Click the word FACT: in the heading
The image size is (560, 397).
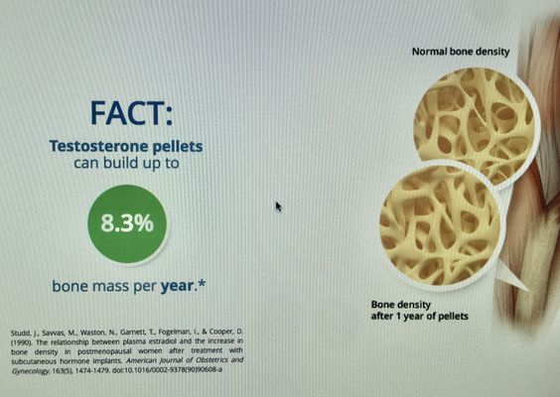[131, 113]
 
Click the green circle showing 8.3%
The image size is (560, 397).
[127, 224]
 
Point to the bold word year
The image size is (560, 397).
[177, 286]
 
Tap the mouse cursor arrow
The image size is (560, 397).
[279, 206]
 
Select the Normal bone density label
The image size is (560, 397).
[461, 52]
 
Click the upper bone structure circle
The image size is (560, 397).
[476, 125]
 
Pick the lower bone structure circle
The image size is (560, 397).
[439, 225]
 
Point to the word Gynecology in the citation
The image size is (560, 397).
[30, 371]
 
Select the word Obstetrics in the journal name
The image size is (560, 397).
[208, 360]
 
